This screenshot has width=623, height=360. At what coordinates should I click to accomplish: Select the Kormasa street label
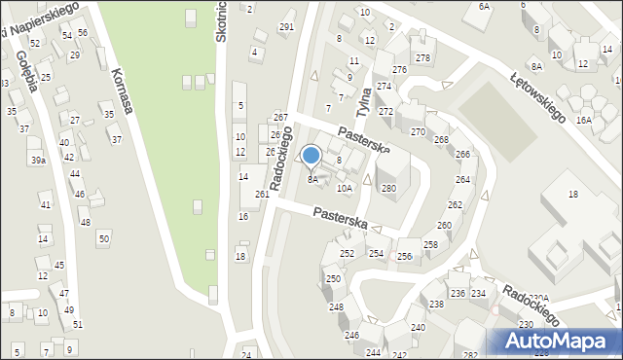tap(121, 91)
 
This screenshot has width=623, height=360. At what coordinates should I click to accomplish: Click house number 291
tap(286, 27)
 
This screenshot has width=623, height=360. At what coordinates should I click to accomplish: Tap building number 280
tap(388, 189)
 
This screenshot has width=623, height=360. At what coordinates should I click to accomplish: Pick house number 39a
tap(37, 161)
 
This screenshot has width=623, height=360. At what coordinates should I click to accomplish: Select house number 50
tap(103, 238)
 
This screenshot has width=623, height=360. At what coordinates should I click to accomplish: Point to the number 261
tap(262, 195)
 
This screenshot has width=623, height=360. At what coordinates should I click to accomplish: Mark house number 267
tap(280, 118)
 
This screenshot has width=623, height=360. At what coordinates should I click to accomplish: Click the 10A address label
tap(344, 189)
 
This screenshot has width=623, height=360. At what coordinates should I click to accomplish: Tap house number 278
tap(422, 58)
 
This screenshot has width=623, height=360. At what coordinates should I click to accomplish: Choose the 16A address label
tap(584, 120)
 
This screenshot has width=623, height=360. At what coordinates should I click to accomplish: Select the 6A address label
tap(484, 7)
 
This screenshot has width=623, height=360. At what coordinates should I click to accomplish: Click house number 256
tap(404, 257)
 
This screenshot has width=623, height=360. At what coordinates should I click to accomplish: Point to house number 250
tap(333, 279)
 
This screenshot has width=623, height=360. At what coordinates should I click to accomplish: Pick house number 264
tap(462, 180)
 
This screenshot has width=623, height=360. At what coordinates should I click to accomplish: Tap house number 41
tap(45, 205)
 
